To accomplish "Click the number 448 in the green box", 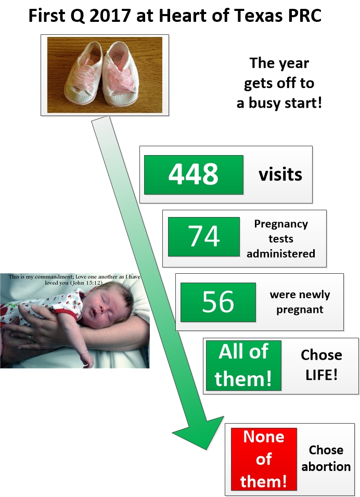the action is click(194, 174).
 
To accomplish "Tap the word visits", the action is click(280, 175).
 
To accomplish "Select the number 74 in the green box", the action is click(204, 236).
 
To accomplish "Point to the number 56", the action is click(218, 302).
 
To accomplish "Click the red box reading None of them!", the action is click(264, 459).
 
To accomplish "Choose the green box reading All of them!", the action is click(243, 365).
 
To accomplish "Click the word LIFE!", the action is click(322, 375).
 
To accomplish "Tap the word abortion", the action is click(326, 467).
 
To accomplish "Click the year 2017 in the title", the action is click(110, 15).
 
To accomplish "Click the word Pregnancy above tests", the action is click(281, 224).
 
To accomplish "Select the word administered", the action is click(281, 253).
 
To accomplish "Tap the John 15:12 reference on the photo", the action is click(86, 283).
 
